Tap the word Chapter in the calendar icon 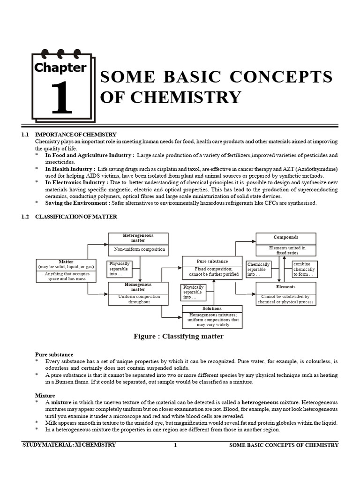(x=60, y=67)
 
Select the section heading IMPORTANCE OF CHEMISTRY (x=76, y=135)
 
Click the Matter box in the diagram (x=66, y=270)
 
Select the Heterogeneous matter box (x=138, y=244)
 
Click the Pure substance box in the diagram (x=212, y=268)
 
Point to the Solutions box (x=212, y=317)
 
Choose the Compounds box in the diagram (x=285, y=244)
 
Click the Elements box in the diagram (x=285, y=293)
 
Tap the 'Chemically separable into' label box (x=258, y=270)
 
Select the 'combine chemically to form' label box (x=304, y=270)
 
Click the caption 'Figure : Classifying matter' (x=179, y=336)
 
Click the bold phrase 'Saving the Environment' (x=77, y=203)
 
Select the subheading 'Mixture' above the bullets (x=45, y=395)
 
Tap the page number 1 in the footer (x=175, y=445)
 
